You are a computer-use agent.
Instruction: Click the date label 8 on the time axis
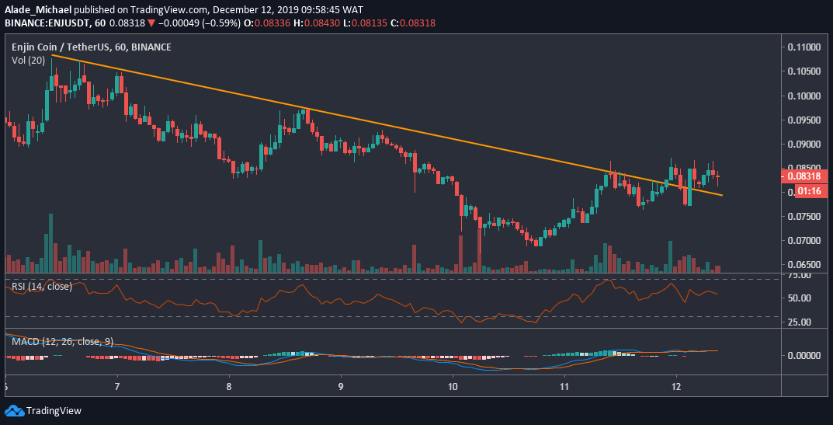click(230, 386)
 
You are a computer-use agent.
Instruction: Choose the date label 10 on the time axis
click(453, 386)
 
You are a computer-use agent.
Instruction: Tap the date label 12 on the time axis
click(676, 386)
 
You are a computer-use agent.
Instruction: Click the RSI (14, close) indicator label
click(42, 287)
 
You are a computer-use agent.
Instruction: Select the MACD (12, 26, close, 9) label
click(63, 341)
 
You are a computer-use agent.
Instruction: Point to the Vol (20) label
click(28, 60)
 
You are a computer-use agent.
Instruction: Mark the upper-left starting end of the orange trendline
click(52, 55)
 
